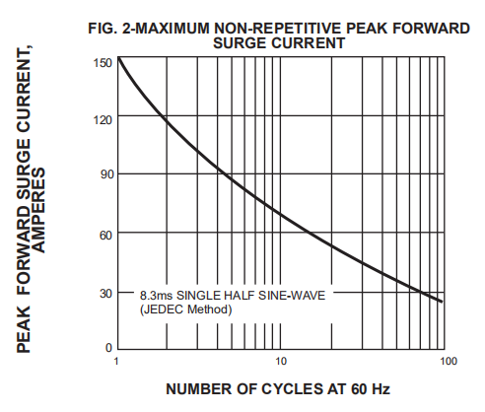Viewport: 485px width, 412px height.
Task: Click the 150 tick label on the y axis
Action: (103, 62)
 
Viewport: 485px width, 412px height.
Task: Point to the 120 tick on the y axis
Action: (103, 120)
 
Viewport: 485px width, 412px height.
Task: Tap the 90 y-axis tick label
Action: (106, 174)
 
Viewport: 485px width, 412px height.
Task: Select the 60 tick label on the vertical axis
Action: (106, 236)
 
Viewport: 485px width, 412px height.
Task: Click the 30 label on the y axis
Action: (106, 294)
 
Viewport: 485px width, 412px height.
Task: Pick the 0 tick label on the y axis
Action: (108, 348)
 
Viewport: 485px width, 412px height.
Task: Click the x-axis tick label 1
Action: (116, 362)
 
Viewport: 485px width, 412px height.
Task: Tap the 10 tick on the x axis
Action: (281, 362)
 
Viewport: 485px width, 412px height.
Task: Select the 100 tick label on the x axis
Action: (449, 362)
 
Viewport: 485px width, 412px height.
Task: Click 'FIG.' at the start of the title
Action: (103, 29)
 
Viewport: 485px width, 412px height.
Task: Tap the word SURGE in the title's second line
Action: (240, 43)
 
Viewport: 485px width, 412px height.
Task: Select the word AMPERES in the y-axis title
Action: (39, 210)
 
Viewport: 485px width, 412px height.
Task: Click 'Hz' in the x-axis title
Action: (381, 389)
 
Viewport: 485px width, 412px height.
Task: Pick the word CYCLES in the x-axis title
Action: (292, 389)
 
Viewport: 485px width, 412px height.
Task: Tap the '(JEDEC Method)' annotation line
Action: (186, 309)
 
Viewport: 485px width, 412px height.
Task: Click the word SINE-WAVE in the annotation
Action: (292, 296)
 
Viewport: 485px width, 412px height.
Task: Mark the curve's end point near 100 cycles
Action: (442, 302)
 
